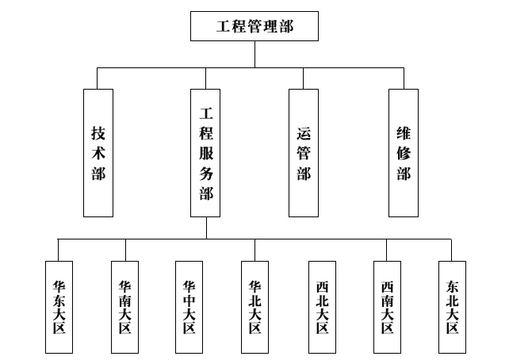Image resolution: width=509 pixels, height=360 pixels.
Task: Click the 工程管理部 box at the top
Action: click(254, 25)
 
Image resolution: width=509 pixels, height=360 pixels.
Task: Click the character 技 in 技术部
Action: click(98, 132)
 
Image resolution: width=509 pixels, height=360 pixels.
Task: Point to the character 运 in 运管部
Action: click(304, 132)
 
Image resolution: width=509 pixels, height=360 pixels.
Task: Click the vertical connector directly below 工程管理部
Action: click(254, 54)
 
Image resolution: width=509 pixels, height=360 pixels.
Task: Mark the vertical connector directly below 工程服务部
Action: click(206, 227)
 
